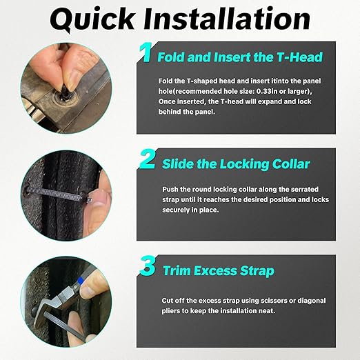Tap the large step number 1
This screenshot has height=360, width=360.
tap(146, 53)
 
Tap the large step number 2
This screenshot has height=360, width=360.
tap(146, 161)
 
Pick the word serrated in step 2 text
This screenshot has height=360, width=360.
tap(308, 188)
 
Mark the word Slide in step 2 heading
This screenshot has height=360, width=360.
tap(179, 164)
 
